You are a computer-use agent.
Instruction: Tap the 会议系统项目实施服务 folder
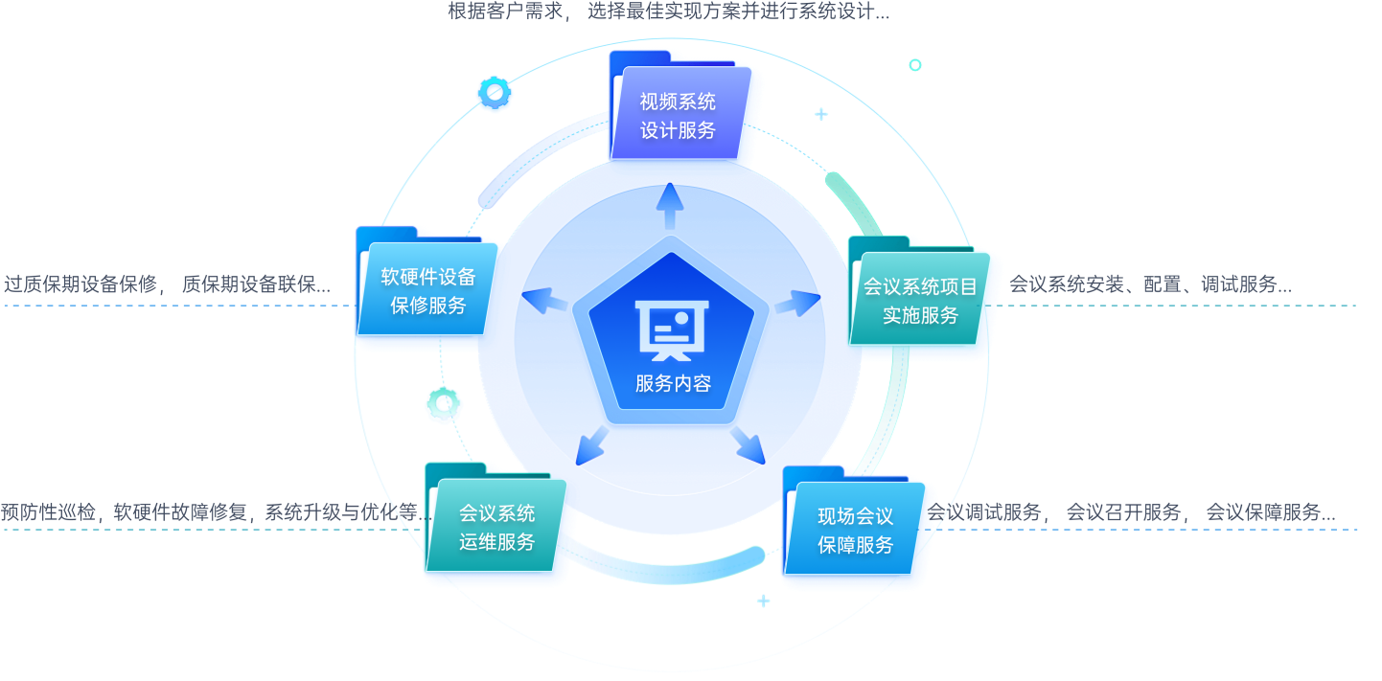920,300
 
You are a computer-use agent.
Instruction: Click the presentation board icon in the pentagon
672,329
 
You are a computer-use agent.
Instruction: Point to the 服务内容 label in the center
673,384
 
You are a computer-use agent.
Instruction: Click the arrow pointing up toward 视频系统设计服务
670,204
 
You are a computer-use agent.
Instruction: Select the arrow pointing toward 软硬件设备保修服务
543,302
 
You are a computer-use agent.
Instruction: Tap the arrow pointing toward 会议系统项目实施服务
797,304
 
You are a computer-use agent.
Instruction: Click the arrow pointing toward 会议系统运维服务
592,443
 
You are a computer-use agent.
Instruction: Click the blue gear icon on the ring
494,93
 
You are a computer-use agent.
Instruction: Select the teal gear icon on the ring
444,405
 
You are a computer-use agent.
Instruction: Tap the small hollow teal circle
915,65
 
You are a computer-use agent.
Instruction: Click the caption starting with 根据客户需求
668,12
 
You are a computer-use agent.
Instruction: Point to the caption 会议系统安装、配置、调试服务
1150,284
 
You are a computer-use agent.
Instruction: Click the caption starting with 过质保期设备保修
167,284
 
